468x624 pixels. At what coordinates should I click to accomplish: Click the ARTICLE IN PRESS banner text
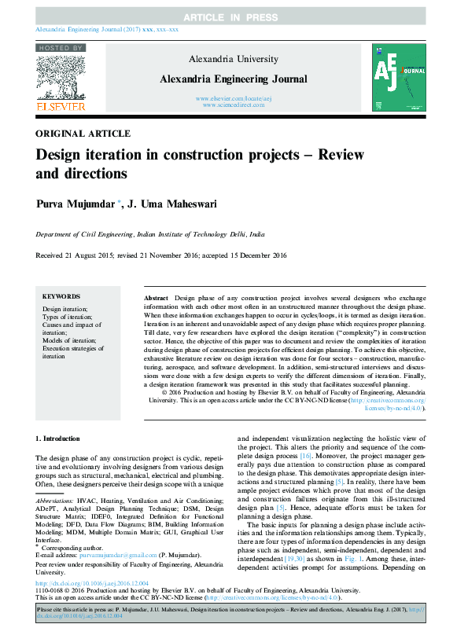click(234, 17)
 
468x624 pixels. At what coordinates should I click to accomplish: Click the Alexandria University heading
click(234, 59)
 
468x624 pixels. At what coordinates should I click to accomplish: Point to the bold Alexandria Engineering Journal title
click(234, 79)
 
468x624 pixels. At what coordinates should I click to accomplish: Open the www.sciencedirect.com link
click(234, 105)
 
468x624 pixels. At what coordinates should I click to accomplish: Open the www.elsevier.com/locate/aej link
click(234, 98)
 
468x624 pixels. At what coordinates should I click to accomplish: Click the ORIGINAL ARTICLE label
click(83, 134)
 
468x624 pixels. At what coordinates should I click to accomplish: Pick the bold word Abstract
click(157, 299)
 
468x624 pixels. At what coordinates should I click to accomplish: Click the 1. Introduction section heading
click(58, 437)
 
